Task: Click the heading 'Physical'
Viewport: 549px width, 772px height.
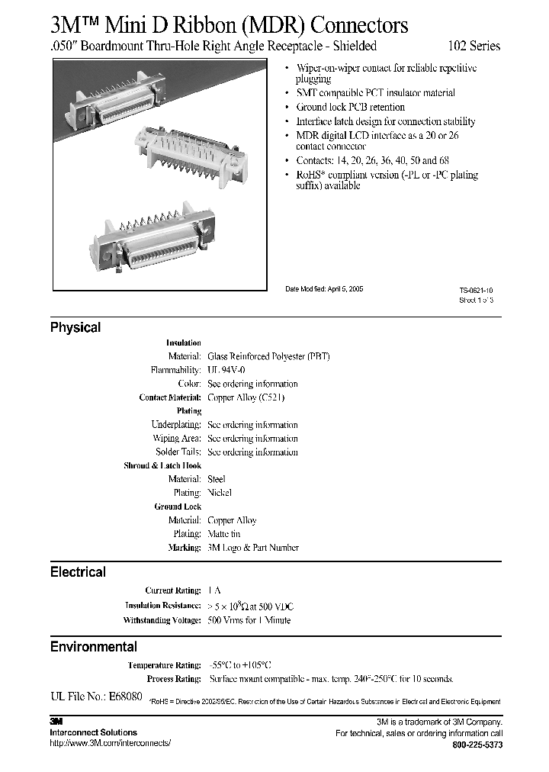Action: tap(75, 327)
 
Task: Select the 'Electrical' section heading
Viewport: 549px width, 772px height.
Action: tap(78, 572)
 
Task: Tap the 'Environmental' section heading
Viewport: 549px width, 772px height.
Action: tap(94, 647)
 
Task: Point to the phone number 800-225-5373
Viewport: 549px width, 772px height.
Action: tap(477, 745)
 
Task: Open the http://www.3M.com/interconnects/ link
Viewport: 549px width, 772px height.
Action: tap(111, 743)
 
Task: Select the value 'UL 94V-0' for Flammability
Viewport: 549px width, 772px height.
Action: tap(226, 370)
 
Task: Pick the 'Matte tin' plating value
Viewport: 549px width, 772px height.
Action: tap(226, 534)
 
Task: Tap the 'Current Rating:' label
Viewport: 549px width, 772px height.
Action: tap(173, 591)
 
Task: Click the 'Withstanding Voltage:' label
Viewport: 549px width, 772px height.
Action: tap(162, 620)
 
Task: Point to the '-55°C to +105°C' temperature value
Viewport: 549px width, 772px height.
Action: tap(239, 665)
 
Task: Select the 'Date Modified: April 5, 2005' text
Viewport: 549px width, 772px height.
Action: tap(324, 289)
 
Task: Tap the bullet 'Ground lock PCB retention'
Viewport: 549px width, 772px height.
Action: tap(350, 108)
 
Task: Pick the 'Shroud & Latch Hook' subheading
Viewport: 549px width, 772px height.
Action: tap(162, 465)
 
